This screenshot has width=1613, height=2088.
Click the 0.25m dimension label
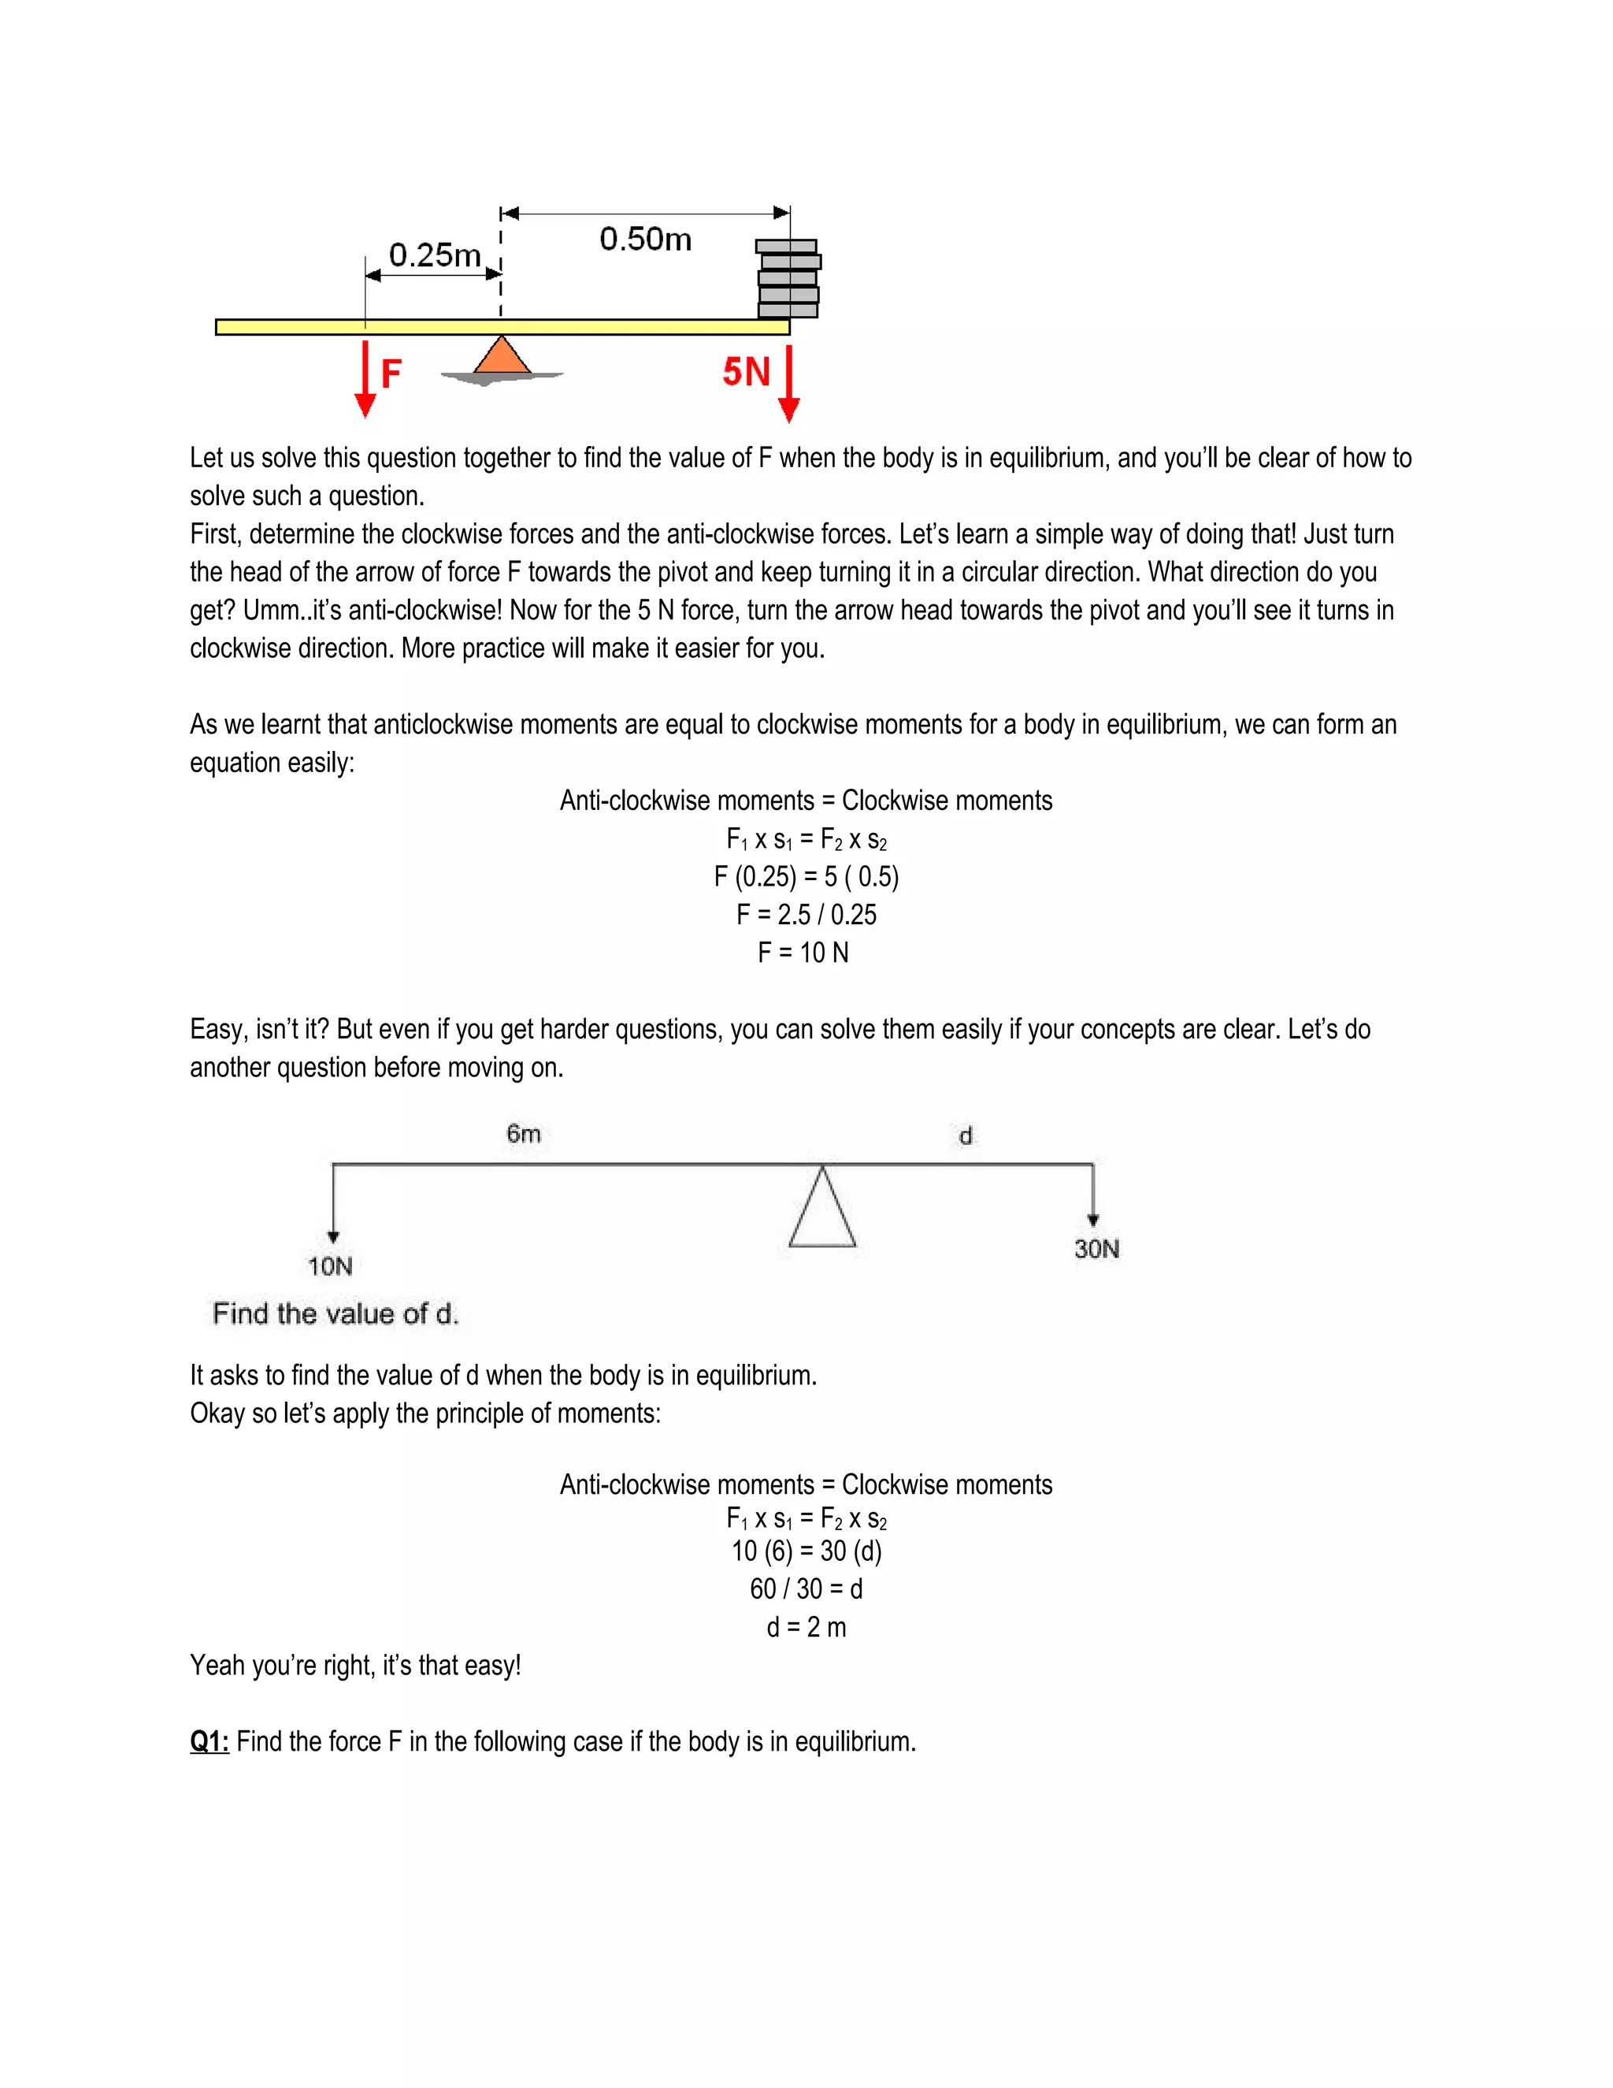[435, 255]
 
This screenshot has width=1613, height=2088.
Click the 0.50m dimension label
[645, 239]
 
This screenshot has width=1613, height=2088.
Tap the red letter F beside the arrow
[391, 373]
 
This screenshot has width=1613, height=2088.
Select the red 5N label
[745, 372]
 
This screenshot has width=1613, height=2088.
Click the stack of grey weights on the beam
[788, 279]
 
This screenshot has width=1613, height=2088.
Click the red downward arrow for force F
[365, 378]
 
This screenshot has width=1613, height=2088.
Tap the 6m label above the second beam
[524, 1134]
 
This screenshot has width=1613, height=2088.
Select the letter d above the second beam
[965, 1135]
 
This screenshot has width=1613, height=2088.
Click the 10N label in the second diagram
[330, 1267]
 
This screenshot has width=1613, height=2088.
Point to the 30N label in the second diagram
[1096, 1249]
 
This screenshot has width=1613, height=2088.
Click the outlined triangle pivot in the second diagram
[821, 1213]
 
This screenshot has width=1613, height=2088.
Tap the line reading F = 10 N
[803, 953]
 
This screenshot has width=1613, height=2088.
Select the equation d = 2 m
[806, 1626]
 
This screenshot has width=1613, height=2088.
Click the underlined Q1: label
[210, 1741]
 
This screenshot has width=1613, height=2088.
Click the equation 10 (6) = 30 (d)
[806, 1551]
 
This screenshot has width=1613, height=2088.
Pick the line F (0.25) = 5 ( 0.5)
[806, 877]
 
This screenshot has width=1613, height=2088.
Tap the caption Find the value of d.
[336, 1313]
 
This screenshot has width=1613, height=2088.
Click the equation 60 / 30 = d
[806, 1589]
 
